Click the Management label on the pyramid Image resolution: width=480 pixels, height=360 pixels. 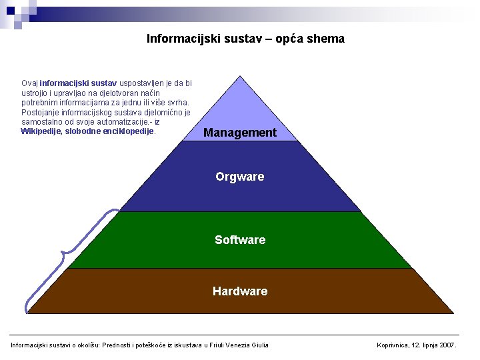point(239,133)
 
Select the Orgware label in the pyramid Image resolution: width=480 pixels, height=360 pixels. point(239,177)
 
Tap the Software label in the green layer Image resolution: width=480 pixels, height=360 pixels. point(240,240)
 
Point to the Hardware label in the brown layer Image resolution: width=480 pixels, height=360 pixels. point(240,291)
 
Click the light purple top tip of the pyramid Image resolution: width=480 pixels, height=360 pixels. point(240,100)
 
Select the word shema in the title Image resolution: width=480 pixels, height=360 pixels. point(328,39)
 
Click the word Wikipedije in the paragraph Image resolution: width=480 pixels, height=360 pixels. point(42,131)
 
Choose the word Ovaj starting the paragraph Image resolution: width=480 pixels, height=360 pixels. point(29,83)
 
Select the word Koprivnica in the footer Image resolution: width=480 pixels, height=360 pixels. point(396,345)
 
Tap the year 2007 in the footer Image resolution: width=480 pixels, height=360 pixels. point(449,345)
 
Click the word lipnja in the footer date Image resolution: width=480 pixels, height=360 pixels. point(431,345)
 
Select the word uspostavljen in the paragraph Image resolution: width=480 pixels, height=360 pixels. point(131,83)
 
